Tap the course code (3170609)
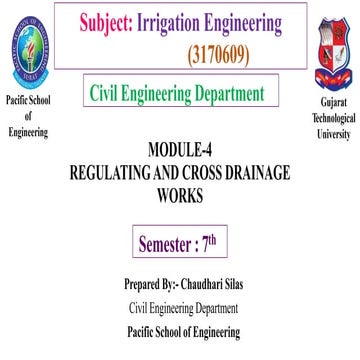pos(230,47)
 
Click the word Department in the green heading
pos(240,95)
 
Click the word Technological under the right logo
pos(335,118)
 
